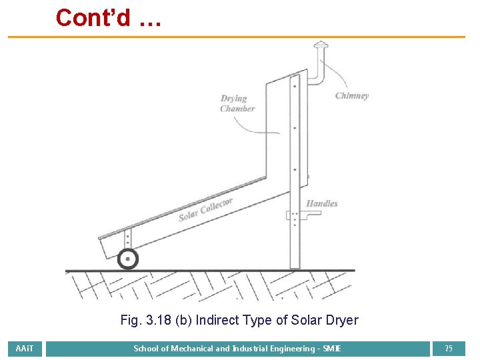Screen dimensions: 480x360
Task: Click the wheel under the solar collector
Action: click(x=127, y=259)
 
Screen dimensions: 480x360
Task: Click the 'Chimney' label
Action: click(x=352, y=95)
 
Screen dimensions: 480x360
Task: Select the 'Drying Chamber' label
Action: click(x=237, y=103)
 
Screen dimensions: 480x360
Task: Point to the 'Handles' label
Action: click(x=322, y=203)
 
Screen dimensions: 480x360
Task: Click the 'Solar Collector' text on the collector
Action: click(x=205, y=209)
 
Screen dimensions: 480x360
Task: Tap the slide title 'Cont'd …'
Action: click(x=109, y=18)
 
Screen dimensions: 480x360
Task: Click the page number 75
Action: click(x=449, y=349)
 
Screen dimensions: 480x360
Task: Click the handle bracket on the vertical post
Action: click(x=294, y=215)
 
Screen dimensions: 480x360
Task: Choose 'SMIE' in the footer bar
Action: click(x=331, y=349)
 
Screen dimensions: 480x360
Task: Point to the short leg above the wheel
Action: click(x=127, y=239)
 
